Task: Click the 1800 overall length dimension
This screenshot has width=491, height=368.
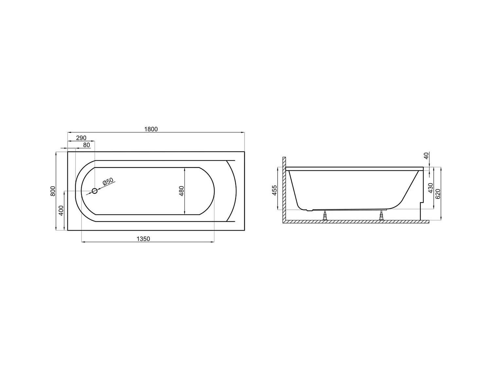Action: [151, 129]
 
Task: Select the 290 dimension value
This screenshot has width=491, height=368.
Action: [81, 138]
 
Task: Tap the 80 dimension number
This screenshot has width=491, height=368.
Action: [86, 145]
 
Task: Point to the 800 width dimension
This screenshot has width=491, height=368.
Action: [53, 191]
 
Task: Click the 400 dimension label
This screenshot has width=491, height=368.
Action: [61, 211]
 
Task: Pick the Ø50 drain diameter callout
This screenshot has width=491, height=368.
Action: [108, 182]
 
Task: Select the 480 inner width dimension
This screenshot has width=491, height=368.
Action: [182, 191]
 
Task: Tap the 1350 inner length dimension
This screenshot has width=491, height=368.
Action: [143, 239]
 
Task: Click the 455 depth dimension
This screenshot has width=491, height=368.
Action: [275, 190]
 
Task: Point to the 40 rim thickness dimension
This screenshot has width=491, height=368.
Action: [426, 156]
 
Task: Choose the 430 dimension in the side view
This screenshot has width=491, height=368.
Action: [431, 188]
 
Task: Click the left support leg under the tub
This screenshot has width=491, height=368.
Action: [325, 216]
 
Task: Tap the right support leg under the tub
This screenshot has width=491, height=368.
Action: [381, 216]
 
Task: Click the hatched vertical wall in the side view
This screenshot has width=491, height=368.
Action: [284, 190]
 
